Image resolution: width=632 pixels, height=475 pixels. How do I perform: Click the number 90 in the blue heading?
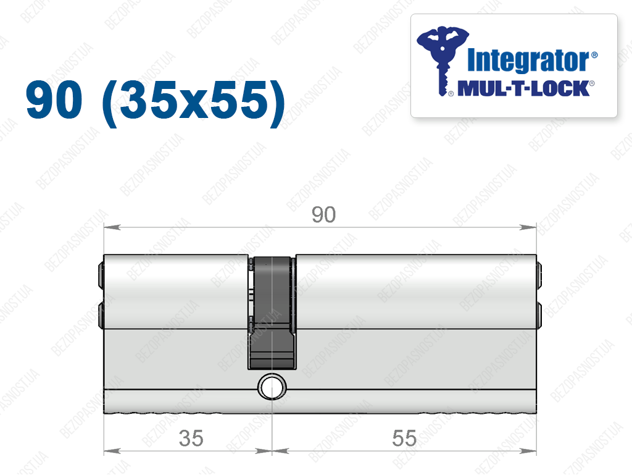pos(54,99)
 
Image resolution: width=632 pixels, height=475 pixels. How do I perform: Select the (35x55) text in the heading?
pos(194,103)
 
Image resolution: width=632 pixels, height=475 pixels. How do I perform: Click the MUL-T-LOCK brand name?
pos(523,88)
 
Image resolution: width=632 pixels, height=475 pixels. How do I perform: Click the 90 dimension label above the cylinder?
pos(323,214)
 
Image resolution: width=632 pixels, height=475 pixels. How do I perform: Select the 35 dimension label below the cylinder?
pos(191,439)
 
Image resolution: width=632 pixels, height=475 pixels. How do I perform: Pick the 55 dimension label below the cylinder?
pos(404,439)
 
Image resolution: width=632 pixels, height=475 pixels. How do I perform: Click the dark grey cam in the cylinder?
pos(272,312)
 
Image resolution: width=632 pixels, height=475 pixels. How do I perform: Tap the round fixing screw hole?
pos(272,387)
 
